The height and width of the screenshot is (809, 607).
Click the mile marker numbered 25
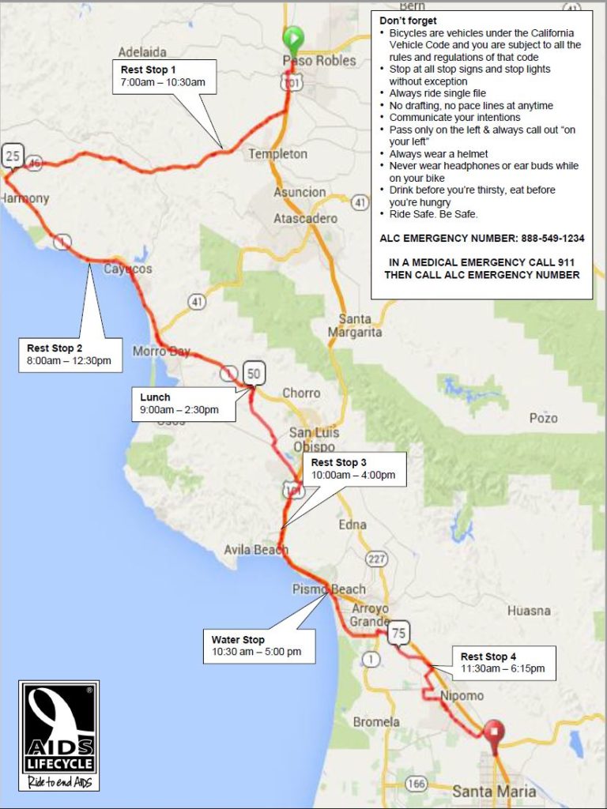[x=12, y=156]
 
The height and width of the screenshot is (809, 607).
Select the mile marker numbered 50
[x=254, y=373]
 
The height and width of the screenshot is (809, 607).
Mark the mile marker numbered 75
[x=399, y=632]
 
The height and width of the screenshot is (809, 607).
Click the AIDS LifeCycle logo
[x=59, y=736]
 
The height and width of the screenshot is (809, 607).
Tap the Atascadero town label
[x=305, y=218]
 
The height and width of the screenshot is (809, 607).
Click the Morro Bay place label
[x=161, y=351]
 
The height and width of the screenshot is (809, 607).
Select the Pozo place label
[x=543, y=418]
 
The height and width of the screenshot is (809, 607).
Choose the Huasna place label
[x=529, y=611]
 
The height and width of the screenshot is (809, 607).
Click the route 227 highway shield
[x=376, y=559]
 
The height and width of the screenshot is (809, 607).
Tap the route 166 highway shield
[x=416, y=783]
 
